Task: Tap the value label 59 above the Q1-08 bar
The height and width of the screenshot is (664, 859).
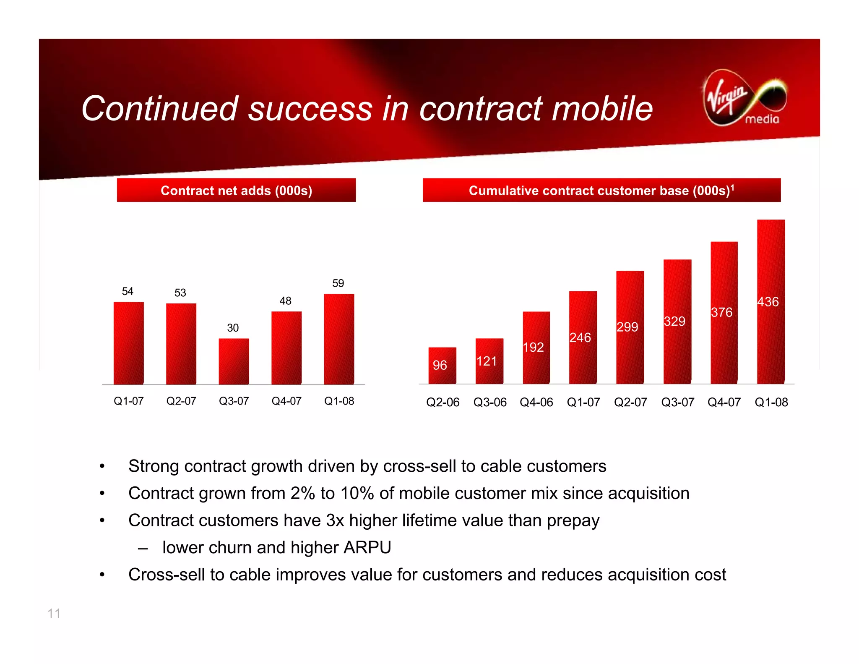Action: (x=338, y=283)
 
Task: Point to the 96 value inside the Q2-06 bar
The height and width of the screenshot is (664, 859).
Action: (x=440, y=365)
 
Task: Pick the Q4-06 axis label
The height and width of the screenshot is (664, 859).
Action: (x=536, y=402)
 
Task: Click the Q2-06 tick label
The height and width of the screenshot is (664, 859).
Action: (x=443, y=402)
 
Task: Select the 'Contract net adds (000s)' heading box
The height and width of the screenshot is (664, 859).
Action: (x=236, y=191)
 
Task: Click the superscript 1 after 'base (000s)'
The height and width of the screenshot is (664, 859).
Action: (x=732, y=187)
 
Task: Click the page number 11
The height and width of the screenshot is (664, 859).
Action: (x=54, y=613)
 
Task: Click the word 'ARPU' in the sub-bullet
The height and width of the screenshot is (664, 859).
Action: (x=367, y=547)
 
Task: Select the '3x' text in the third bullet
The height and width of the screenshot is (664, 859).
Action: (x=335, y=520)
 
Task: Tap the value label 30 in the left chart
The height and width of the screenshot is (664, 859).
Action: (x=233, y=328)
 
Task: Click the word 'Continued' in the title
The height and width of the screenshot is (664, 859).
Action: (x=160, y=108)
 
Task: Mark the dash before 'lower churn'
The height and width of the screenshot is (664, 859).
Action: (x=143, y=548)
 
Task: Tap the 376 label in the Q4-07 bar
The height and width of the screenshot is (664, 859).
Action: (x=721, y=312)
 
